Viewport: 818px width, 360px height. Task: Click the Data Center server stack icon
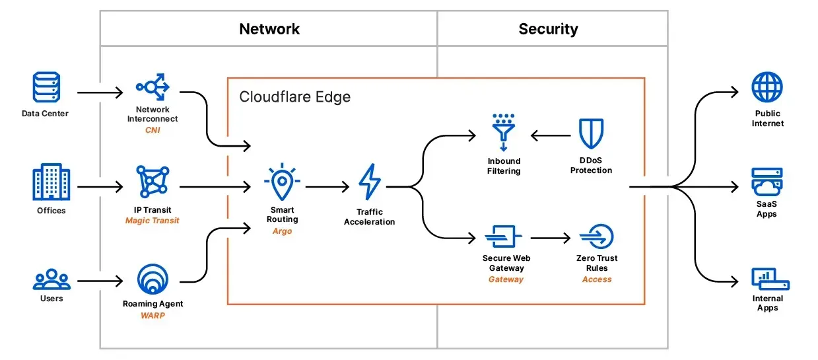click(x=46, y=87)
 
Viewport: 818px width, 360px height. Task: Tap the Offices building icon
click(x=51, y=182)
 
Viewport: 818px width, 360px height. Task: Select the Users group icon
click(x=51, y=279)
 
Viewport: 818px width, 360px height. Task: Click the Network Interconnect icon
click(x=153, y=87)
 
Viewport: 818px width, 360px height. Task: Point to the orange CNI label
click(x=153, y=130)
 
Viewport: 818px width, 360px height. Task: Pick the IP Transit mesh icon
click(x=153, y=182)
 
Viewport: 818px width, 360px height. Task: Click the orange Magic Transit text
click(x=153, y=221)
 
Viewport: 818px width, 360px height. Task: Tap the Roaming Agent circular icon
click(x=153, y=279)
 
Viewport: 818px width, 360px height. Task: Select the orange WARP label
click(x=153, y=315)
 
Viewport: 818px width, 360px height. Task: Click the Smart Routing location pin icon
click(x=282, y=182)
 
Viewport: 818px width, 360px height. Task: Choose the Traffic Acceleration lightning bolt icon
click(x=370, y=182)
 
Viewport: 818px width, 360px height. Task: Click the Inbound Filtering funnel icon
click(x=504, y=132)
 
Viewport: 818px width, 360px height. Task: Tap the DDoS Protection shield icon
click(x=592, y=133)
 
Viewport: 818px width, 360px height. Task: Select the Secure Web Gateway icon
click(x=503, y=236)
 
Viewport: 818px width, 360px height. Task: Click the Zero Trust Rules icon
click(x=597, y=236)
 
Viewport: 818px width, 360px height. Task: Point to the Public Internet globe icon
click(x=767, y=87)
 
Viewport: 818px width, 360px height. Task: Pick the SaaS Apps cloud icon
click(x=767, y=182)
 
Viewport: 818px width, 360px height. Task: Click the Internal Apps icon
click(x=770, y=279)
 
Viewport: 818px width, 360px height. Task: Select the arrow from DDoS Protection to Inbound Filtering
click(x=551, y=135)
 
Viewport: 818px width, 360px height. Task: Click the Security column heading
click(x=548, y=29)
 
